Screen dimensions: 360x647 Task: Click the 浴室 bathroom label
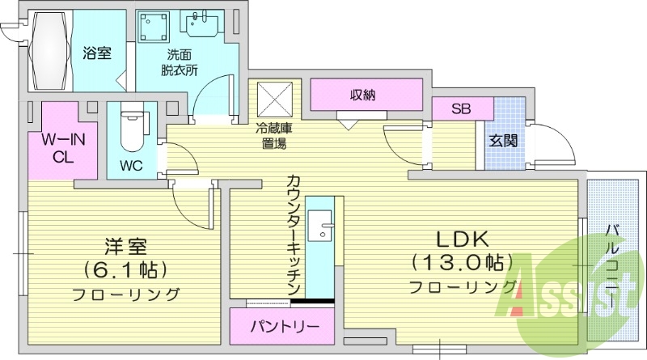point(96,53)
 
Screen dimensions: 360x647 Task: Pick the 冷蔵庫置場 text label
point(274,135)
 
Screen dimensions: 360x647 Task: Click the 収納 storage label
point(363,95)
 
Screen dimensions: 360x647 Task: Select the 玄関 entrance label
point(501,139)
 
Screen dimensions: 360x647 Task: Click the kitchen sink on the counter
point(324,224)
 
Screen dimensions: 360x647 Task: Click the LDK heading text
point(463,239)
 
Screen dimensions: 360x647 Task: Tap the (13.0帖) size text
point(463,262)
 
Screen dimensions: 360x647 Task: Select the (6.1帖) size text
point(125,268)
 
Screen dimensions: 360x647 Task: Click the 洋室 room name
point(125,244)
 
